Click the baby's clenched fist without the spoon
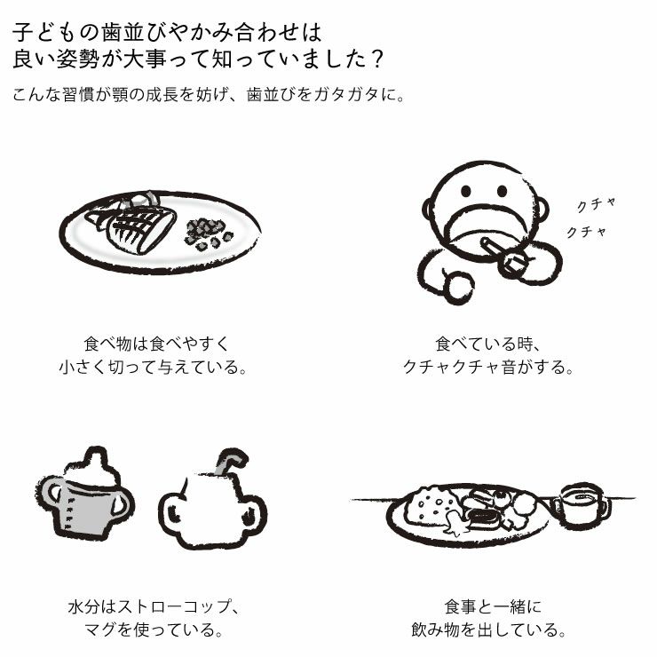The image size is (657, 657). (458, 286)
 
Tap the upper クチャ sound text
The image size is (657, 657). (596, 204)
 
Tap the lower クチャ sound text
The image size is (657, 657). (587, 233)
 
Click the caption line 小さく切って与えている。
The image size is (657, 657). (152, 366)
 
